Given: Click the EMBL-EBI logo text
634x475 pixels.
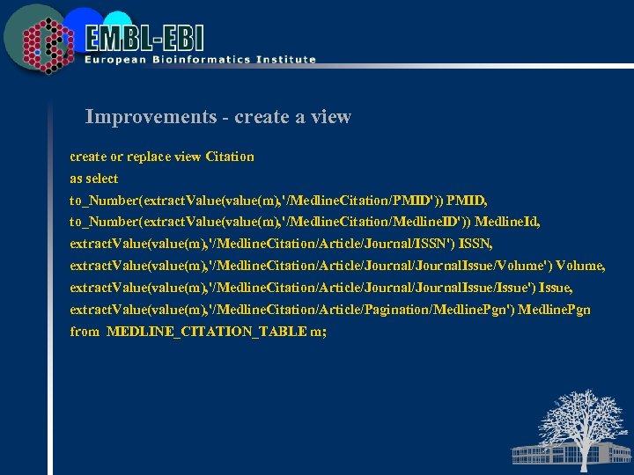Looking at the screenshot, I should (144, 38).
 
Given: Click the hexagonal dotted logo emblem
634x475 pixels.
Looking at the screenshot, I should (44, 42).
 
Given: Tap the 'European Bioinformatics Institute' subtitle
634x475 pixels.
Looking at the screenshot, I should (200, 60).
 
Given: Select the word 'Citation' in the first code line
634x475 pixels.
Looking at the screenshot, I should (229, 157).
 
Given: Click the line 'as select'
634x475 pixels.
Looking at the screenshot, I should (94, 179).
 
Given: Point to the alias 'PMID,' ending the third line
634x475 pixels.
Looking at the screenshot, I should (467, 201).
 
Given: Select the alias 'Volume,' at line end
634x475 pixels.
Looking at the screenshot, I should (580, 266).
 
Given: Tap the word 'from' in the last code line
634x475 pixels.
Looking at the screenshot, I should (85, 332).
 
